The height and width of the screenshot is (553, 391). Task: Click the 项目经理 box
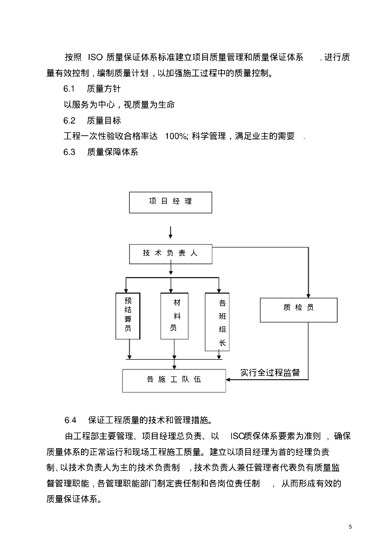pos(171,202)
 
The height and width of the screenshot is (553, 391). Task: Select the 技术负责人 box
pos(171,254)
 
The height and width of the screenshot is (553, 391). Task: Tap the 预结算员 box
pos(128,315)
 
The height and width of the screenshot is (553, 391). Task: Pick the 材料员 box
pos(173,315)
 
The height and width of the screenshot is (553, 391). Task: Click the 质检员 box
pos(298,309)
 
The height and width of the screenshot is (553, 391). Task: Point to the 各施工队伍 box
pos(173,380)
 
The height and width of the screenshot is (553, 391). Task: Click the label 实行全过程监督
pos(271,373)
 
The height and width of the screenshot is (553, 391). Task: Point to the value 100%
pos(176,136)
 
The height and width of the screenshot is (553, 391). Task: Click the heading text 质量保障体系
pos(113,152)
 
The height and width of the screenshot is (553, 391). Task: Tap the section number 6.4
pos(71,420)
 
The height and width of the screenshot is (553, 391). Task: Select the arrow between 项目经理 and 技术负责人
pos(171,232)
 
